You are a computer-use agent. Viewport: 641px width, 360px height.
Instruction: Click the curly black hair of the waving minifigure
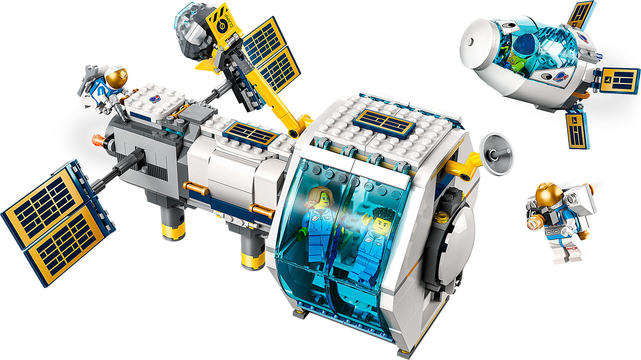(x=381, y=213)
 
